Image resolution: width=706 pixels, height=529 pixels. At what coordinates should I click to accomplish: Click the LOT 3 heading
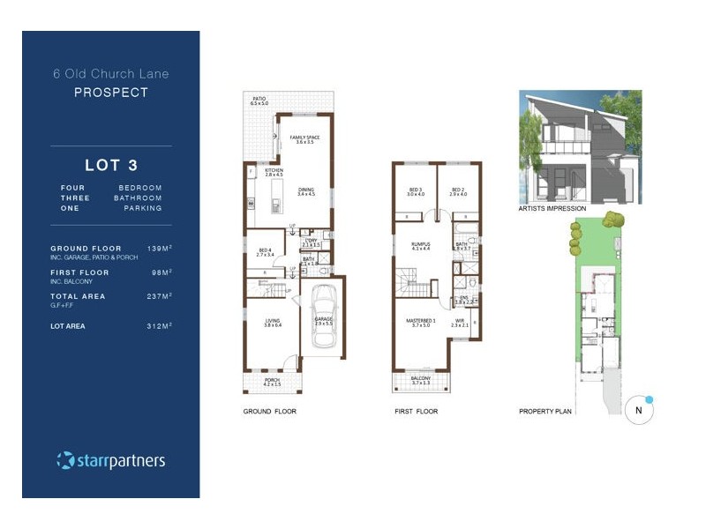(111, 165)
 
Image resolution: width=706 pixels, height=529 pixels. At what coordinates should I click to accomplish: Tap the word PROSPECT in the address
(111, 92)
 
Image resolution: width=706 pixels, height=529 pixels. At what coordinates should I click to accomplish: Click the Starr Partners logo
(111, 460)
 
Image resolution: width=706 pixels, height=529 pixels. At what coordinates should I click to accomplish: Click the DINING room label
(306, 190)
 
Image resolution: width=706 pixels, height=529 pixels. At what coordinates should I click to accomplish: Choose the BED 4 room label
(265, 251)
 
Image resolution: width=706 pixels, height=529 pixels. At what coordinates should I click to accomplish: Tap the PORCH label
(272, 381)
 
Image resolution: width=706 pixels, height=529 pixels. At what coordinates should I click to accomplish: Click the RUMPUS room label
(419, 246)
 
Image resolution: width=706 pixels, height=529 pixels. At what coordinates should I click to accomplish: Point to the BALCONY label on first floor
(419, 379)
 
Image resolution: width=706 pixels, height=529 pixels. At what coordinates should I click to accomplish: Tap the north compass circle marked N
(638, 410)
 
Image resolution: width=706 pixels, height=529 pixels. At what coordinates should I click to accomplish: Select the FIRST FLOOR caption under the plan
(416, 412)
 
